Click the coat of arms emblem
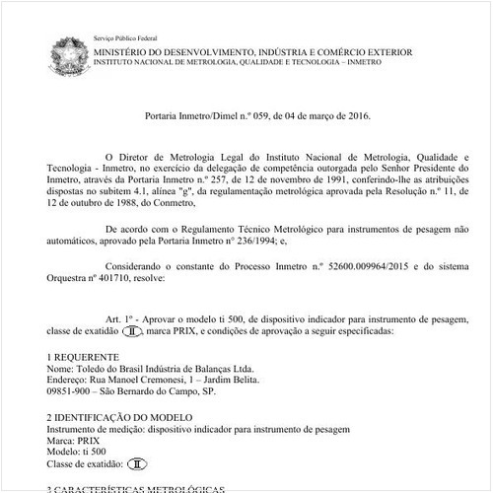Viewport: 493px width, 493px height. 64,50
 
